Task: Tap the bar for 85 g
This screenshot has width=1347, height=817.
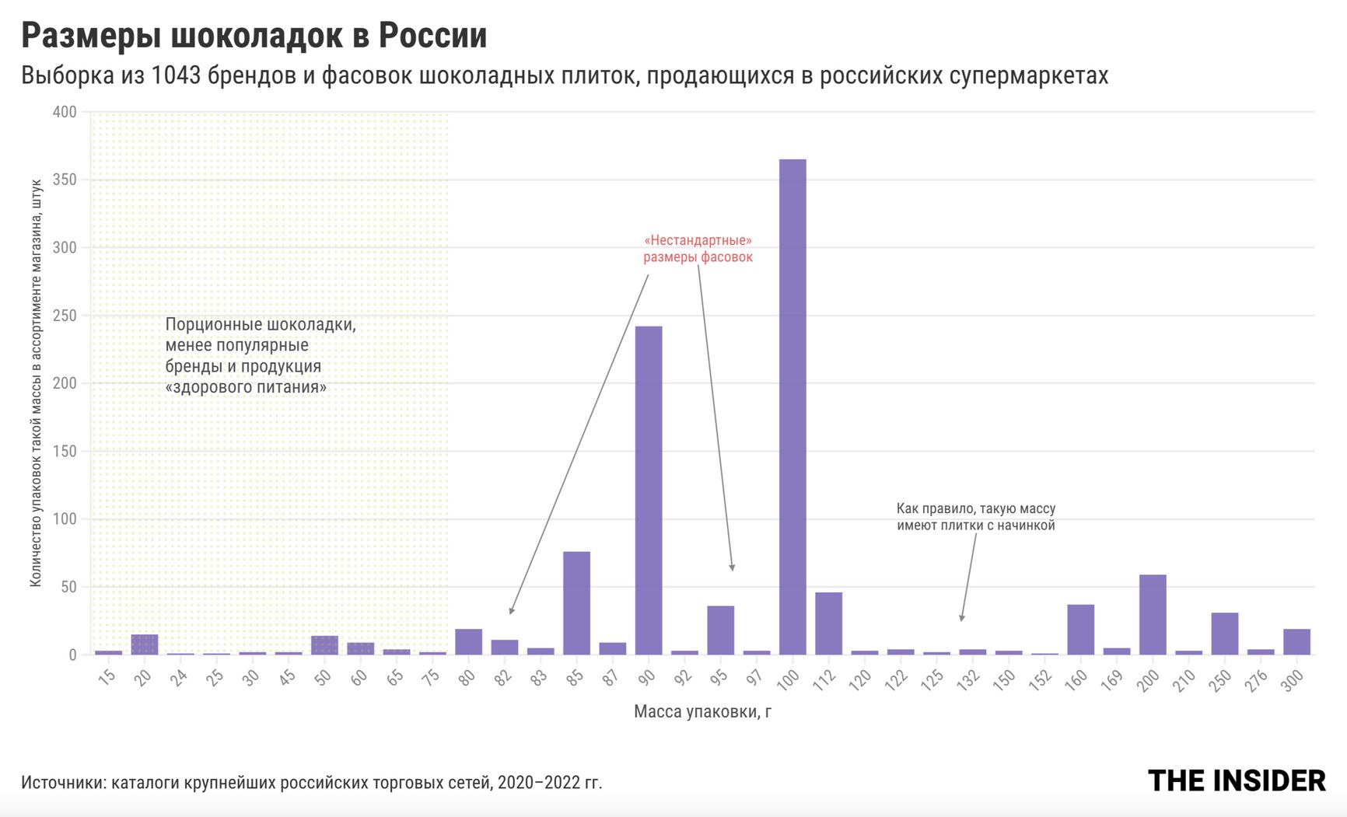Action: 576,602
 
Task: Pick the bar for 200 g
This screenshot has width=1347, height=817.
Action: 1153,614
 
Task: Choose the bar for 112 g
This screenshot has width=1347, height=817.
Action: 828,623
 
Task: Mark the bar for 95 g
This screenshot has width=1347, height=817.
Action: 720,630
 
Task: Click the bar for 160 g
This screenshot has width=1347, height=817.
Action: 1080,629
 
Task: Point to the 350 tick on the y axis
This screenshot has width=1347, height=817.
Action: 65,180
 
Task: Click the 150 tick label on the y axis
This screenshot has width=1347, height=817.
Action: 65,451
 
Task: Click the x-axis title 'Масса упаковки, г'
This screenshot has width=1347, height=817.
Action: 702,711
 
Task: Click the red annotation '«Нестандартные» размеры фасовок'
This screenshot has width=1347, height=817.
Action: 698,249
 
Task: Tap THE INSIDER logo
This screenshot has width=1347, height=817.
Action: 1237,780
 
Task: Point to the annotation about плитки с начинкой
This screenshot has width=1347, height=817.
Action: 975,517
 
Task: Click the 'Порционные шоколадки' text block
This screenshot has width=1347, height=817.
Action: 260,355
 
